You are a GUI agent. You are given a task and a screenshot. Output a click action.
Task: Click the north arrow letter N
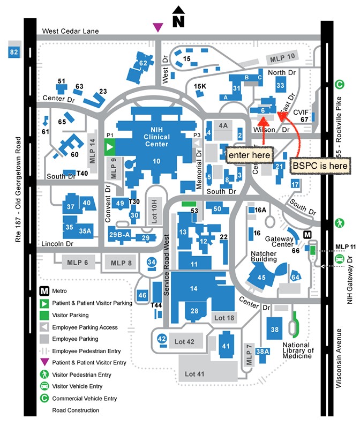coord(178,21)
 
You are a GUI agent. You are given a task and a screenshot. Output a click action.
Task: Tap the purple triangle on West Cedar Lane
coord(157,27)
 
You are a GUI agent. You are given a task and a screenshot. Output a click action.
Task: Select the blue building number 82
coord(14,52)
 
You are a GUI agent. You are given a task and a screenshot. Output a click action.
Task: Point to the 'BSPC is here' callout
coord(321,166)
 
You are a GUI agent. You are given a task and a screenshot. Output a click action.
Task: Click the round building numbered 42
coord(162,339)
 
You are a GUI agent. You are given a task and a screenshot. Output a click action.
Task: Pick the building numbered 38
coord(275,329)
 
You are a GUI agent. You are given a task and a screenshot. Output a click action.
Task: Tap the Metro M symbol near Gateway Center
coord(307,235)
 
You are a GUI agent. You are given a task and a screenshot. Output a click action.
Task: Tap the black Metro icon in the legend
coord(46,291)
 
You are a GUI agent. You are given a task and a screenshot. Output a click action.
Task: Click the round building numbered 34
coord(152,262)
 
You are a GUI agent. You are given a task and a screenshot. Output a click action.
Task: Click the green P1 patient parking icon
coord(110,146)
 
